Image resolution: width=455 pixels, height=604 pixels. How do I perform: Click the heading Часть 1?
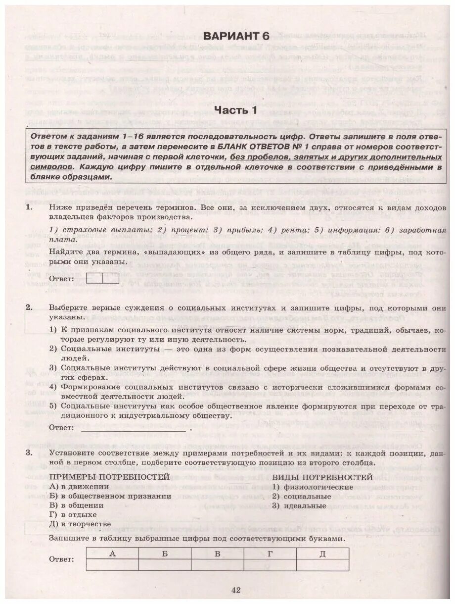coord(236,110)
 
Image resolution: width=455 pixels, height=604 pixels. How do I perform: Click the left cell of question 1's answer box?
coord(94,278)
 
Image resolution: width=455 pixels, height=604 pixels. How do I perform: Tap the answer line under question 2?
coord(134,430)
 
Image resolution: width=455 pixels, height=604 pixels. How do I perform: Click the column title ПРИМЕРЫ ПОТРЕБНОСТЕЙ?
coord(109,477)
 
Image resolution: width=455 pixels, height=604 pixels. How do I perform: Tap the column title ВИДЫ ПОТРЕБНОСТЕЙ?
coord(322,477)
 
